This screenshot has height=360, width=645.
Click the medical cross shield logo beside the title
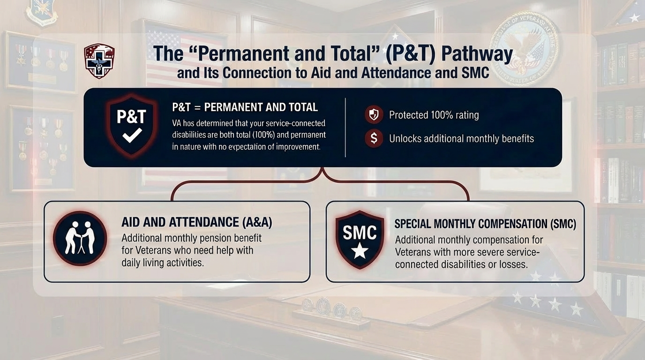click(x=99, y=61)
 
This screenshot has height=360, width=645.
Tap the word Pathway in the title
click(x=477, y=54)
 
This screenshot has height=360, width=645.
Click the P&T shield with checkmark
click(x=132, y=126)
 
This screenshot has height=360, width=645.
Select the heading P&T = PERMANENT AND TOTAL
click(x=245, y=107)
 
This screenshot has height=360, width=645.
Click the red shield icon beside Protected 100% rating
click(x=374, y=115)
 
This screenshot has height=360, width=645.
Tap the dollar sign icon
click(x=374, y=138)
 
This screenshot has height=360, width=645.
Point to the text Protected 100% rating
click(x=434, y=115)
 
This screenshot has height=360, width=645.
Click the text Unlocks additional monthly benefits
click(x=461, y=139)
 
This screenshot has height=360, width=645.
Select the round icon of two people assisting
click(x=80, y=239)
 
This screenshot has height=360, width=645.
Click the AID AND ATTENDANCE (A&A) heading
click(x=197, y=222)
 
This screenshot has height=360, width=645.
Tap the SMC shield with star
click(x=360, y=240)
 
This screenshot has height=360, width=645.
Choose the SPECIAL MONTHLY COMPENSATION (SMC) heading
click(x=485, y=224)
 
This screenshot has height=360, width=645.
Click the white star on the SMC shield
click(x=360, y=250)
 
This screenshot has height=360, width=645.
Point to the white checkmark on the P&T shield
click(x=132, y=135)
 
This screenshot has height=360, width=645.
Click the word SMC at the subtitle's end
click(x=475, y=73)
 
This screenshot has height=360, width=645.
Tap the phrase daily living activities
click(x=162, y=262)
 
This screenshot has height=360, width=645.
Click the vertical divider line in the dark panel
click(x=345, y=127)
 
